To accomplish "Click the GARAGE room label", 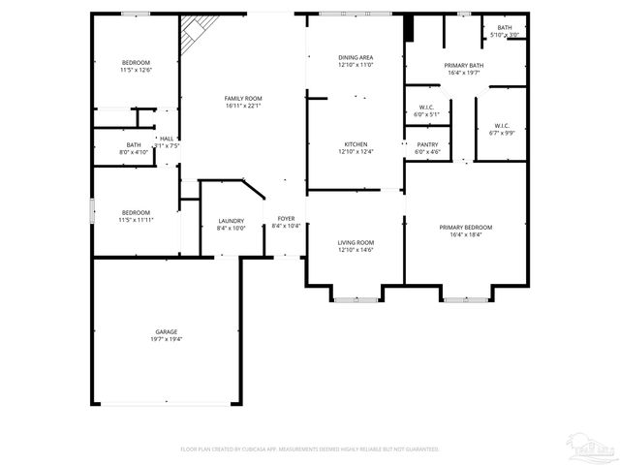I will [167, 331].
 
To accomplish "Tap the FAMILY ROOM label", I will [243, 98].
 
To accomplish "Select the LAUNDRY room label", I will [231, 220].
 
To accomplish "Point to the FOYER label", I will [286, 219].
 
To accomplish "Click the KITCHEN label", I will [356, 144].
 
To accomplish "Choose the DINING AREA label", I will [356, 57].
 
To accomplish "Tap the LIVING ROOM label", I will [356, 242].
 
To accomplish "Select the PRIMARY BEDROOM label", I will [465, 227].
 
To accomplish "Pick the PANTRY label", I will [427, 144].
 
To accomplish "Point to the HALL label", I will [167, 139].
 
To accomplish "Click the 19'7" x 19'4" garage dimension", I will [167, 339].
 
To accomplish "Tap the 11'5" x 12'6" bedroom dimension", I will [136, 70].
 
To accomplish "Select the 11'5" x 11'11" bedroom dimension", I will [136, 220].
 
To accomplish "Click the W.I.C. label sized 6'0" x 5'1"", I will [427, 114].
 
